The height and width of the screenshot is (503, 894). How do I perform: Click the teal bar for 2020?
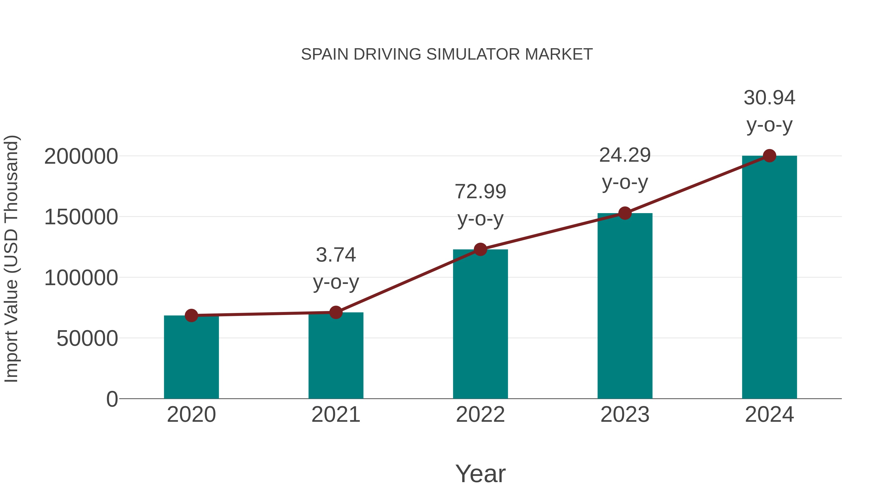pos(191,357)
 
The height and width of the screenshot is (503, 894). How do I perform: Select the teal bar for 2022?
pos(480,325)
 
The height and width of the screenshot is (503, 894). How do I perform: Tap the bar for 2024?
pos(769,278)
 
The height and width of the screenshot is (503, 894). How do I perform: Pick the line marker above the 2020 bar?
pos(191,315)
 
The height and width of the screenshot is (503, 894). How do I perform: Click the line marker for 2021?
pos(335,312)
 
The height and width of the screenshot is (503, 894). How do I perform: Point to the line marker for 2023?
pos(625,213)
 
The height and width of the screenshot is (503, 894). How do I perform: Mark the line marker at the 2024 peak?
pos(769,156)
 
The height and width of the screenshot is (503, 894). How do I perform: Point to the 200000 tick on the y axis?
pos(81,156)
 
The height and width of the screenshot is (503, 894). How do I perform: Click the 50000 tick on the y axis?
pos(87,339)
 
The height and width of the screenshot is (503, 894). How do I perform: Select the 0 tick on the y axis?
pos(112,399)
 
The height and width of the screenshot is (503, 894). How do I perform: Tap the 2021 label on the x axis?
pos(335,415)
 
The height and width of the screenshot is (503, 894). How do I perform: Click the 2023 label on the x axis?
pos(625,415)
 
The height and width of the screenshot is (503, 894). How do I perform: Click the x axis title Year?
pos(480,474)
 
